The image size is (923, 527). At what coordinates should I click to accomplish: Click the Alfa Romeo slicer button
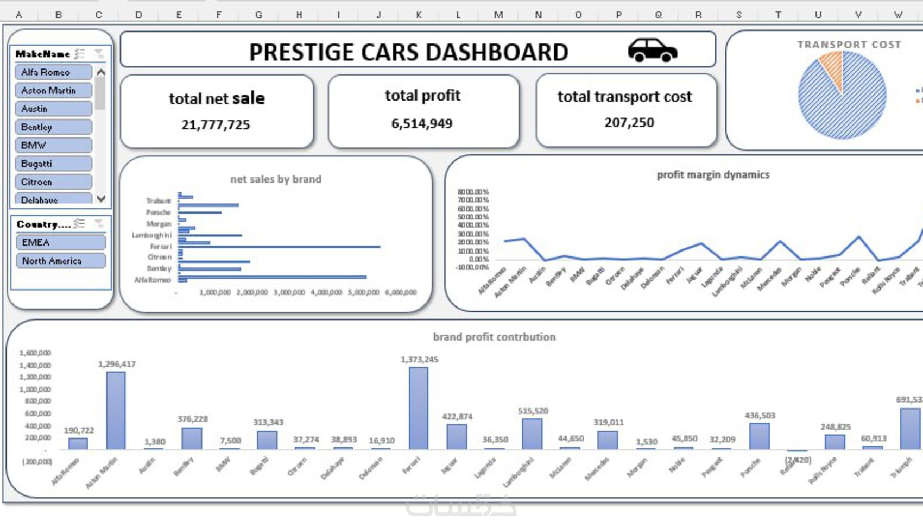point(53,72)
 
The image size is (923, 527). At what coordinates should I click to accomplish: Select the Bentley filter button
point(53,127)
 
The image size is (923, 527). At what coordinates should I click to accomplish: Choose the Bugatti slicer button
point(53,164)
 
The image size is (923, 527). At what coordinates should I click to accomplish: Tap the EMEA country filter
point(60,242)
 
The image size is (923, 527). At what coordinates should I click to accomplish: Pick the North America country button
point(60,261)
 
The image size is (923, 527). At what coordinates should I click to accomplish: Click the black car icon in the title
point(652,51)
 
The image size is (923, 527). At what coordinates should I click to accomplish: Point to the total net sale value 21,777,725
point(216,125)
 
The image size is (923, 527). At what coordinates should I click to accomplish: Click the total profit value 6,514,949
point(422,124)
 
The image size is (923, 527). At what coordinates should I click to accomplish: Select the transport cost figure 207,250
point(629,123)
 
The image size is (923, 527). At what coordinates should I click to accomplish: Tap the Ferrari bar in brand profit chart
point(418,408)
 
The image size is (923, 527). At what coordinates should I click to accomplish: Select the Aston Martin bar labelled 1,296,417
point(116,410)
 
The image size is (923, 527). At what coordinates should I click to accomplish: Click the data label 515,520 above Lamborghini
point(533,411)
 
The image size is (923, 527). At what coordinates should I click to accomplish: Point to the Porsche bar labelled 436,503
point(759,436)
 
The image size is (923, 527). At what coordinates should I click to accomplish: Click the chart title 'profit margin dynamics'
point(713,175)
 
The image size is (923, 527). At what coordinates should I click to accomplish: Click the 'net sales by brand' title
point(276,179)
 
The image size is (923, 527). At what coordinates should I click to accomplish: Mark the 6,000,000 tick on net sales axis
point(401,292)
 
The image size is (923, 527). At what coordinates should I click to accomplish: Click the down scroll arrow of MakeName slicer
point(101,199)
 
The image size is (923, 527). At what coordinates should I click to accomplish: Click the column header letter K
point(419,15)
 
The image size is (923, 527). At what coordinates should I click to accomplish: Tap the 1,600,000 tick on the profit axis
point(35,353)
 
